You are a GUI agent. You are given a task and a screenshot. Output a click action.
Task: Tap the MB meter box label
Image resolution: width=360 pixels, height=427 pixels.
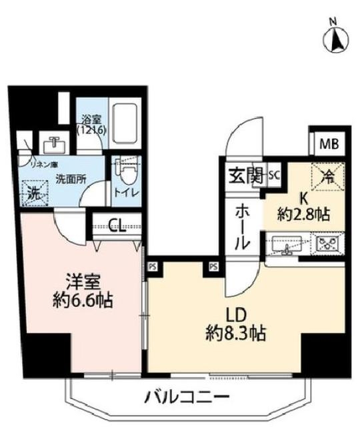tap(329, 143)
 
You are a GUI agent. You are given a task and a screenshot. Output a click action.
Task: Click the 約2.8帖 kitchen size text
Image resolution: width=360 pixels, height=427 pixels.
tap(304, 215)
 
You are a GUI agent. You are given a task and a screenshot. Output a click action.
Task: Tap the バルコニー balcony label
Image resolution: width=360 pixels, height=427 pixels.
tap(187, 398)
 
